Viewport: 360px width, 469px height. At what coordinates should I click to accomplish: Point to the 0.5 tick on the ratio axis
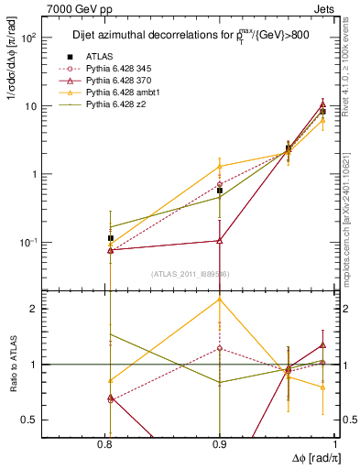click(x=28, y=420)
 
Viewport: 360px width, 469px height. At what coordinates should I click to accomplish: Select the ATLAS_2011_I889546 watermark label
click(x=190, y=273)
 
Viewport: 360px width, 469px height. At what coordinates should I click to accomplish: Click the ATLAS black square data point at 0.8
click(x=110, y=238)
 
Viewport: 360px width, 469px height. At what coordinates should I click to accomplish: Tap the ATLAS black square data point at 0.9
click(x=220, y=191)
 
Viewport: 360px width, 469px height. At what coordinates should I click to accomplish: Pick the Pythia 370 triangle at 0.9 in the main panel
click(x=220, y=241)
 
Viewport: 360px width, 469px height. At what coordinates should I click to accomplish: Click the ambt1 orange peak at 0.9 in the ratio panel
click(x=220, y=300)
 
